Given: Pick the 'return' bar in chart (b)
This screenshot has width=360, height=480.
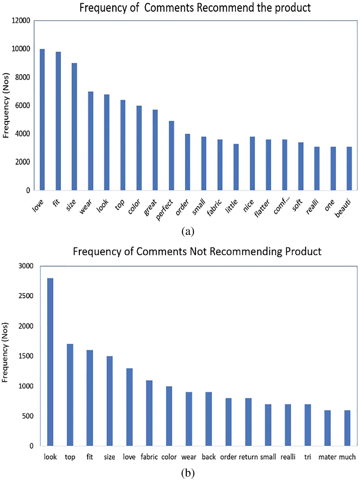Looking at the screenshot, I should tap(248, 422).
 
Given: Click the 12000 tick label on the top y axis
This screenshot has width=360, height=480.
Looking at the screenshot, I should tap(21, 21).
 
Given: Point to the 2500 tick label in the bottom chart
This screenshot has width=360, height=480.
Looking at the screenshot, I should tap(26, 296).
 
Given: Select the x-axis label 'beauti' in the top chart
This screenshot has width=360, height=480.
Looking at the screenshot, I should tap(343, 208).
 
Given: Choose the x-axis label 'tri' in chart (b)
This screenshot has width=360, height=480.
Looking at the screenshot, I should tap(308, 457).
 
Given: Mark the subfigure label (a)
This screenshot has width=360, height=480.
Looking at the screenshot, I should tap(188, 231).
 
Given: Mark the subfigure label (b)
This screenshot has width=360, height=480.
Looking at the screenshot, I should tap(188, 473).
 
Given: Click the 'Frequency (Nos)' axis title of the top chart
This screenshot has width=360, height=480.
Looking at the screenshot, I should tap(6, 106).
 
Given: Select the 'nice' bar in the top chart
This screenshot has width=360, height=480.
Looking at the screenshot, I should tap(252, 163).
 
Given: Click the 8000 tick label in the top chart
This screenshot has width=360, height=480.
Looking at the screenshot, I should tap(23, 77).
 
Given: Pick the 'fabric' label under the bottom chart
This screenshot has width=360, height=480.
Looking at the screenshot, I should tap(149, 457).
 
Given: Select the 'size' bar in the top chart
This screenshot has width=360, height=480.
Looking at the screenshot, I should tap(74, 126).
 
